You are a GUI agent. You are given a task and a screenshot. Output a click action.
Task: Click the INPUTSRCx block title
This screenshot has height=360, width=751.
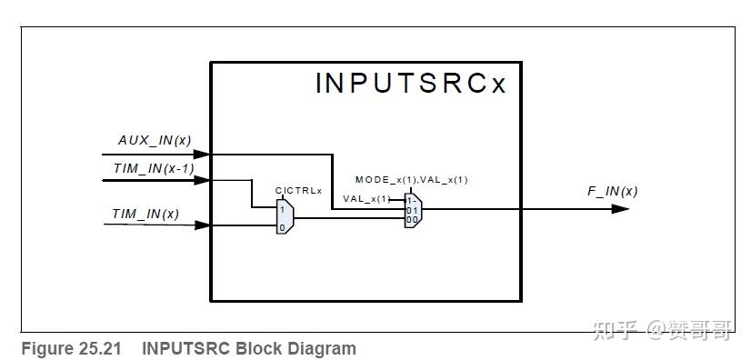click(410, 83)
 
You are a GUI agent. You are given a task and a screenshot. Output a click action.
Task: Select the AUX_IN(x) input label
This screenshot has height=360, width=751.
click(155, 140)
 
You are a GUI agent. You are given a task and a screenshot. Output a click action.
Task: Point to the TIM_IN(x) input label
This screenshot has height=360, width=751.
click(145, 213)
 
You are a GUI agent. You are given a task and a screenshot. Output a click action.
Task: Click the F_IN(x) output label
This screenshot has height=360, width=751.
click(612, 191)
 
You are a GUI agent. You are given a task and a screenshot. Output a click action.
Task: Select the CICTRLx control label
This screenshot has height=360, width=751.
click(298, 190)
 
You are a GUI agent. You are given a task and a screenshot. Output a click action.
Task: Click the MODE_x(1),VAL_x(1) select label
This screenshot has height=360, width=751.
click(411, 179)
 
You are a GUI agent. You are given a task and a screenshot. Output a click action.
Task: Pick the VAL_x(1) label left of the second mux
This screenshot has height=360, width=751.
click(365, 198)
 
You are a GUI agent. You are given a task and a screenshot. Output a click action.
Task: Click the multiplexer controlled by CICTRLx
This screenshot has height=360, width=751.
click(285, 217)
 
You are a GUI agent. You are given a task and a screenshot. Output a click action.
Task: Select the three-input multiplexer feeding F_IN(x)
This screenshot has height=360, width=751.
click(413, 209)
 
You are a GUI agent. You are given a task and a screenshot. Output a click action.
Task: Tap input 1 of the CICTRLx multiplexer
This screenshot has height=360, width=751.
click(282, 209)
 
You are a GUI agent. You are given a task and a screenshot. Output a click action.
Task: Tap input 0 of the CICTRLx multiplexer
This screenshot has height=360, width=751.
click(282, 226)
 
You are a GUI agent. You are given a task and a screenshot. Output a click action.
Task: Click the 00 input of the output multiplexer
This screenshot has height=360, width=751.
click(411, 219)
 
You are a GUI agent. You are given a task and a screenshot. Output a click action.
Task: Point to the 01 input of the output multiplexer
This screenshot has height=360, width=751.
click(411, 209)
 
